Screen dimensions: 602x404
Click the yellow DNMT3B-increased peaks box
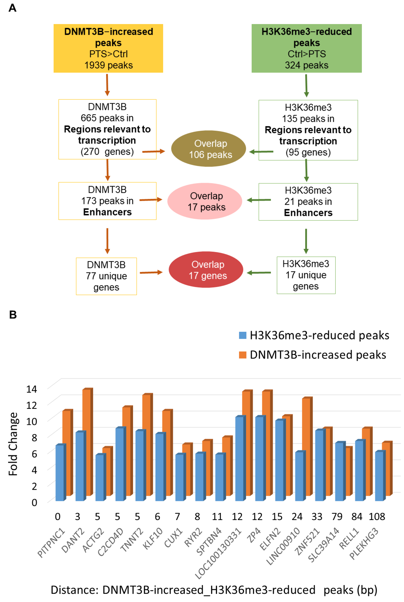click(x=108, y=48)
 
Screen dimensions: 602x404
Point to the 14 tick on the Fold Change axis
click(x=32, y=389)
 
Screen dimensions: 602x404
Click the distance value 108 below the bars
click(x=377, y=516)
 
